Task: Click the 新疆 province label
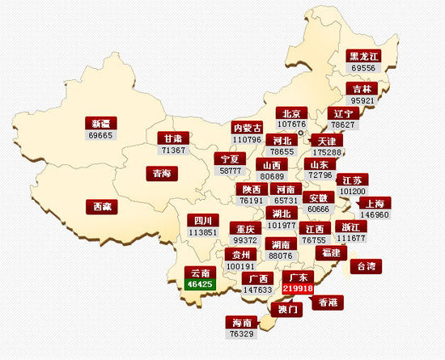101,123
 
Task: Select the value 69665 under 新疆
101,135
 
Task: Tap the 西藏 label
102,206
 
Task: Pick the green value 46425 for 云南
198,284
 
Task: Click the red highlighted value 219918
298,288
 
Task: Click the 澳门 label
289,308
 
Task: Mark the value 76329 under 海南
242,333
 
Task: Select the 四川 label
202,220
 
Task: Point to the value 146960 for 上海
375,215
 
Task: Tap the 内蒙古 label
248,128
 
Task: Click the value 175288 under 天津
327,152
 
